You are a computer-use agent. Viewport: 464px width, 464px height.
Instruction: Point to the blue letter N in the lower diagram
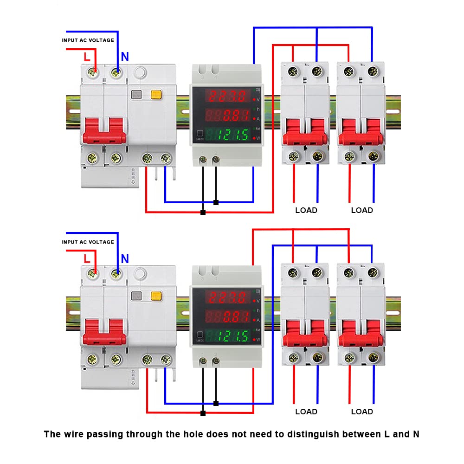click(x=125, y=259)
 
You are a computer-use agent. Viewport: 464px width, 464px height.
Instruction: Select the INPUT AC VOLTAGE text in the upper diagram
click(x=88, y=40)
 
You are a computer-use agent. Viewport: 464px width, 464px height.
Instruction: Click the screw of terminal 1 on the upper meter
click(x=203, y=160)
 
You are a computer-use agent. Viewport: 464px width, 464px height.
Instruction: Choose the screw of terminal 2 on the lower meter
click(x=216, y=361)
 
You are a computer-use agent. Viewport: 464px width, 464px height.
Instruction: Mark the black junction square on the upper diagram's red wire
click(x=203, y=212)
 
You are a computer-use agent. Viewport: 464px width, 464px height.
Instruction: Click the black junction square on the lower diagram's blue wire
click(x=216, y=403)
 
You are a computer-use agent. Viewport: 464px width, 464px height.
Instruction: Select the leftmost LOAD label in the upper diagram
click(x=306, y=210)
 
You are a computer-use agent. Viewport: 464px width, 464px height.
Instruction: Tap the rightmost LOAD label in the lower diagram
click(x=362, y=412)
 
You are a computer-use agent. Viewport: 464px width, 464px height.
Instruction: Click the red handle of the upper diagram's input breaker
click(x=104, y=130)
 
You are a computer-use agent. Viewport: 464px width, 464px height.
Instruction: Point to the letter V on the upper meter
click(x=258, y=99)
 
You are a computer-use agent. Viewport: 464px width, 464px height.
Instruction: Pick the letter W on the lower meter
click(x=258, y=339)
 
